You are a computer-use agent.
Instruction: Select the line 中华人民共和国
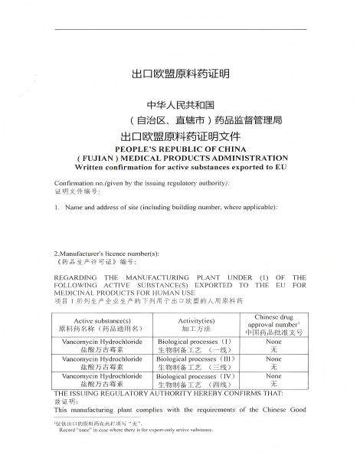[x=179, y=105]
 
